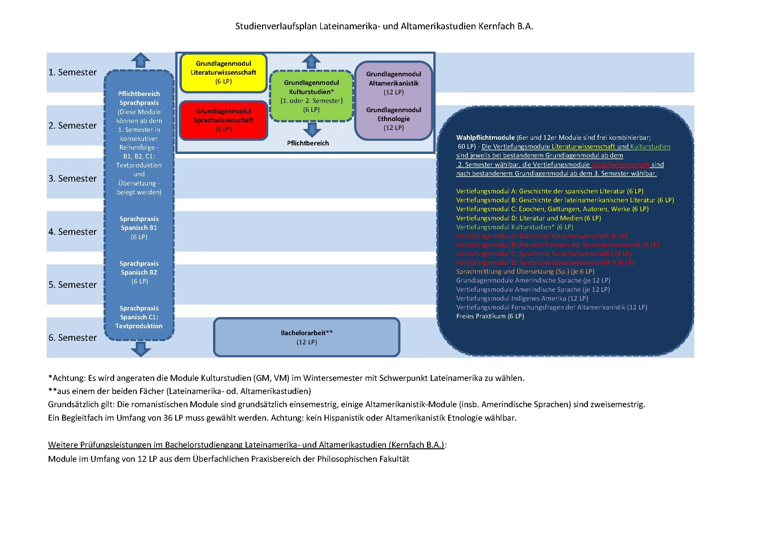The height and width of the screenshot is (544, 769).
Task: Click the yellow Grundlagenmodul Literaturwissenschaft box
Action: point(223,73)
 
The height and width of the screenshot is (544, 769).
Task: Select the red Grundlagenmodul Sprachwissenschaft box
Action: point(223,120)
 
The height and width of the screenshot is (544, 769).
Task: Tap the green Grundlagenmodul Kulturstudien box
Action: point(311,96)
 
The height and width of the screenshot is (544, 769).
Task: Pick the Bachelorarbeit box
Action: point(306,337)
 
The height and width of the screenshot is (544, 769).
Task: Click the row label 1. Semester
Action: point(72,72)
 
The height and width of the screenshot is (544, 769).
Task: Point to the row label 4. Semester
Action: point(72,232)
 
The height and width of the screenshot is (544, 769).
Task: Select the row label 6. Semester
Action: point(72,338)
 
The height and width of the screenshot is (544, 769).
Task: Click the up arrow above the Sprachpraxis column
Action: point(140,60)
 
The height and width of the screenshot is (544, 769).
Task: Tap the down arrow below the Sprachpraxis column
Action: point(140,349)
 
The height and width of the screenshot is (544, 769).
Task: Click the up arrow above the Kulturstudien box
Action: point(311,62)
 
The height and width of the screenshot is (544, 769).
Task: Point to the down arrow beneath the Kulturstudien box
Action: point(312,130)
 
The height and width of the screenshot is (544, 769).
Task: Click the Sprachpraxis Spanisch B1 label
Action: point(139,228)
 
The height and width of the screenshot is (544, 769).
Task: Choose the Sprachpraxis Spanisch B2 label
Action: point(139,272)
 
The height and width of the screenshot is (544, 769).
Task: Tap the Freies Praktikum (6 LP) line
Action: point(490,316)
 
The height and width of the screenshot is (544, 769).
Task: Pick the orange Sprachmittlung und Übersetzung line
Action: point(525,271)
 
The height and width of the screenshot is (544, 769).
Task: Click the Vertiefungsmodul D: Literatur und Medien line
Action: point(529,218)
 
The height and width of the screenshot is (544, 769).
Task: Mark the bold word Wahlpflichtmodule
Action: point(485,137)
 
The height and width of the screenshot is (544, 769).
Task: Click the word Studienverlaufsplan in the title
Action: point(276,26)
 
